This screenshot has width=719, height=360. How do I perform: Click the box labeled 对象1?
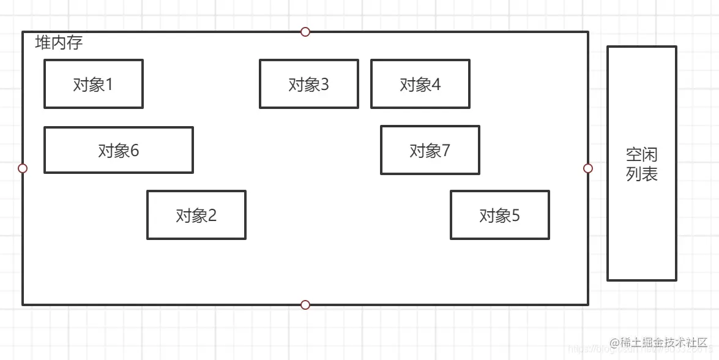93,84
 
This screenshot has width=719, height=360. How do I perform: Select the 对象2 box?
196,215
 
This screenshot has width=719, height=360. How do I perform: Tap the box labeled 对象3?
308,84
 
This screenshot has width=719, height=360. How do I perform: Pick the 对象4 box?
420,84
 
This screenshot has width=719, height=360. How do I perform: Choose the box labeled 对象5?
499,215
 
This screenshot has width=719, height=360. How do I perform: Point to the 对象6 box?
118,150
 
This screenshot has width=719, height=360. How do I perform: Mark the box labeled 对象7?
430,150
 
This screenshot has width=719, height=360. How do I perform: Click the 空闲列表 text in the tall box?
641,164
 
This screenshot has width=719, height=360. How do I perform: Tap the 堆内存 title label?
59,43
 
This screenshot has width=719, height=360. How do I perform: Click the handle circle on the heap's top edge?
305,32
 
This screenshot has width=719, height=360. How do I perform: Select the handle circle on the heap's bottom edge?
305,305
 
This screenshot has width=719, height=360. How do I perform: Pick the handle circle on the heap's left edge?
23,168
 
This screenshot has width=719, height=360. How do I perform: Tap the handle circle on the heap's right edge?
588,168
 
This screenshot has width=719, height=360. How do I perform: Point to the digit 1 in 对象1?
110,84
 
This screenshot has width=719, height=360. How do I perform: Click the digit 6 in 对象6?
135,151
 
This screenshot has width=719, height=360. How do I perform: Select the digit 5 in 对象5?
516,216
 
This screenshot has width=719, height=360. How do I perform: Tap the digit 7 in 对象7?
446,151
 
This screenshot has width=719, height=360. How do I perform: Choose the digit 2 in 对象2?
212,216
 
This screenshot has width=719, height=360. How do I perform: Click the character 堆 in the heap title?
43,43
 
